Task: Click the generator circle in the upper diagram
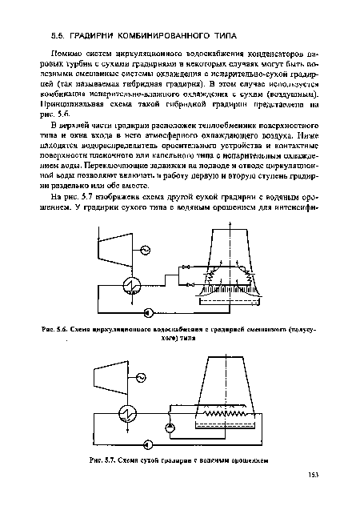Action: pos(144,250)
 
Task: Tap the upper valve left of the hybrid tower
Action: pos(186,265)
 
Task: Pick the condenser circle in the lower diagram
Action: pos(126,412)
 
